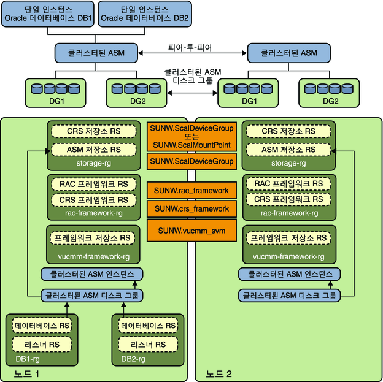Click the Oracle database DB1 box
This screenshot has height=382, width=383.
coord(48,14)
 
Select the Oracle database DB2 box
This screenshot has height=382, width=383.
coord(145,14)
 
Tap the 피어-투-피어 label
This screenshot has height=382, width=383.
coord(190,47)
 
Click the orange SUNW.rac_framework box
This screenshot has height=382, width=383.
coord(191,190)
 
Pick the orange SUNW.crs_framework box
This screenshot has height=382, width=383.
coord(191,208)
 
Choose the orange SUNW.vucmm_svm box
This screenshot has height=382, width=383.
coord(191,230)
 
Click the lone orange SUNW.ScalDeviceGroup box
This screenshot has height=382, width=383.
coord(191,161)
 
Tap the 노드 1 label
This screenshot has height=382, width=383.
coord(26,373)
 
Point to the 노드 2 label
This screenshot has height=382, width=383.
coord(219,373)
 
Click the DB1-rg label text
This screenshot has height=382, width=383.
coord(28,359)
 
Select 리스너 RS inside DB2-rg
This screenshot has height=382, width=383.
coord(148,345)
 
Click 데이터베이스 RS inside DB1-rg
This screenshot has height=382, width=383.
coord(42,326)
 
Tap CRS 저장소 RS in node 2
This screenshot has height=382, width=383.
coord(288,131)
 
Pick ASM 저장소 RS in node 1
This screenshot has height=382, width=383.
coord(93,150)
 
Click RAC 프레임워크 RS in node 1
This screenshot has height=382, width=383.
coord(93,184)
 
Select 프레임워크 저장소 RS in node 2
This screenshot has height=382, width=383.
coord(288,238)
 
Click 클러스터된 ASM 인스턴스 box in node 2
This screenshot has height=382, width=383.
coord(290,274)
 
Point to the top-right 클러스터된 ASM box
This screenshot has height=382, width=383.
coord(288,53)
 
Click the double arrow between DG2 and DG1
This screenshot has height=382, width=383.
coord(192,93)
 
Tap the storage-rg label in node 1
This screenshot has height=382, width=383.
coord(93,163)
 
